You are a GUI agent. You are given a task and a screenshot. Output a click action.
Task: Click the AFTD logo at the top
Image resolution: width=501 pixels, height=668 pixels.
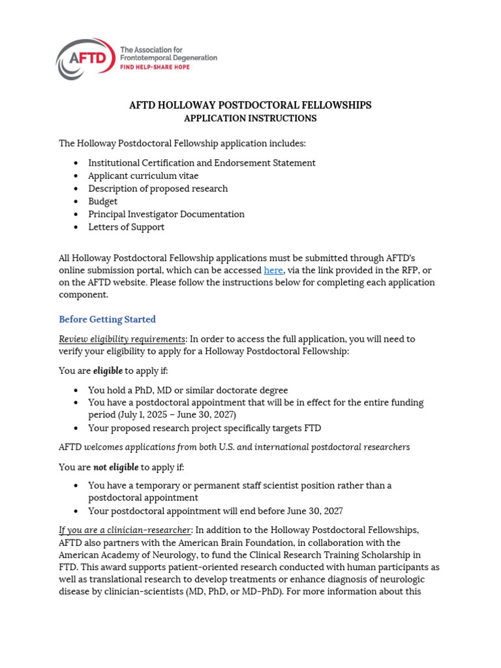pos(85,59)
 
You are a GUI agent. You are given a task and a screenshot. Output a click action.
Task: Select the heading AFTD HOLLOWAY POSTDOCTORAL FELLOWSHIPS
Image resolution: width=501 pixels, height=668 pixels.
pos(250,105)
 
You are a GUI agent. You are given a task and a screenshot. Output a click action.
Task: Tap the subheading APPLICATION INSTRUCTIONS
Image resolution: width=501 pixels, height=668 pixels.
pos(250,118)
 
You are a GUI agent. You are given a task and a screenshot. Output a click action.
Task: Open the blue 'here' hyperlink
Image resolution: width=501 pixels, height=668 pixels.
pos(273,270)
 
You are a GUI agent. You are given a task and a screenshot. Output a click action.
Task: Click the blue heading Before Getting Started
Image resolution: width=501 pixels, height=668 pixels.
pos(107,320)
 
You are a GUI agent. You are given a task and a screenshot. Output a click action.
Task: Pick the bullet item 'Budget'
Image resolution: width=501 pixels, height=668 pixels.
pos(103,202)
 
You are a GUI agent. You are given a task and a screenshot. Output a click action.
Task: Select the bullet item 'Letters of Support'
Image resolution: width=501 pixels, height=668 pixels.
pos(126,227)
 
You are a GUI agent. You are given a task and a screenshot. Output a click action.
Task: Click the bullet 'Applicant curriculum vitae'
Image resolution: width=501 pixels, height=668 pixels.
pos(144,175)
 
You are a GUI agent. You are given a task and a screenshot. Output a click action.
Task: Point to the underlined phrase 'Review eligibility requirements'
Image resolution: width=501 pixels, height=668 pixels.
pos(122,339)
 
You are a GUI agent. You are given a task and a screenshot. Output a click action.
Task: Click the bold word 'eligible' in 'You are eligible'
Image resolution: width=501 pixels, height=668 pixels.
pos(108,371)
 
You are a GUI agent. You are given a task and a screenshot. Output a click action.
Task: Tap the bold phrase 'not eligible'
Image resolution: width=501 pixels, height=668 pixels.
pos(115,467)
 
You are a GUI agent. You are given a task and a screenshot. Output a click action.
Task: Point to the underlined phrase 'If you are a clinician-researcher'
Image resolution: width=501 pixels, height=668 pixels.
pos(125,530)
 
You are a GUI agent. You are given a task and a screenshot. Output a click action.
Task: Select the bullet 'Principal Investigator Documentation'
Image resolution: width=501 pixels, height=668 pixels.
pos(166,214)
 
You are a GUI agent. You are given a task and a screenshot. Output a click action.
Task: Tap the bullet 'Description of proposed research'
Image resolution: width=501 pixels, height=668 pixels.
pos(158,189)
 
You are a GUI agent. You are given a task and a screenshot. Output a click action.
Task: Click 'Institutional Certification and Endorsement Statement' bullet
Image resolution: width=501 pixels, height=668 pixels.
pos(202,163)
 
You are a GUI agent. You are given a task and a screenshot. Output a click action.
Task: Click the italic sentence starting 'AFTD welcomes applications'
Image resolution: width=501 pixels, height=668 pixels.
pos(234,448)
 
